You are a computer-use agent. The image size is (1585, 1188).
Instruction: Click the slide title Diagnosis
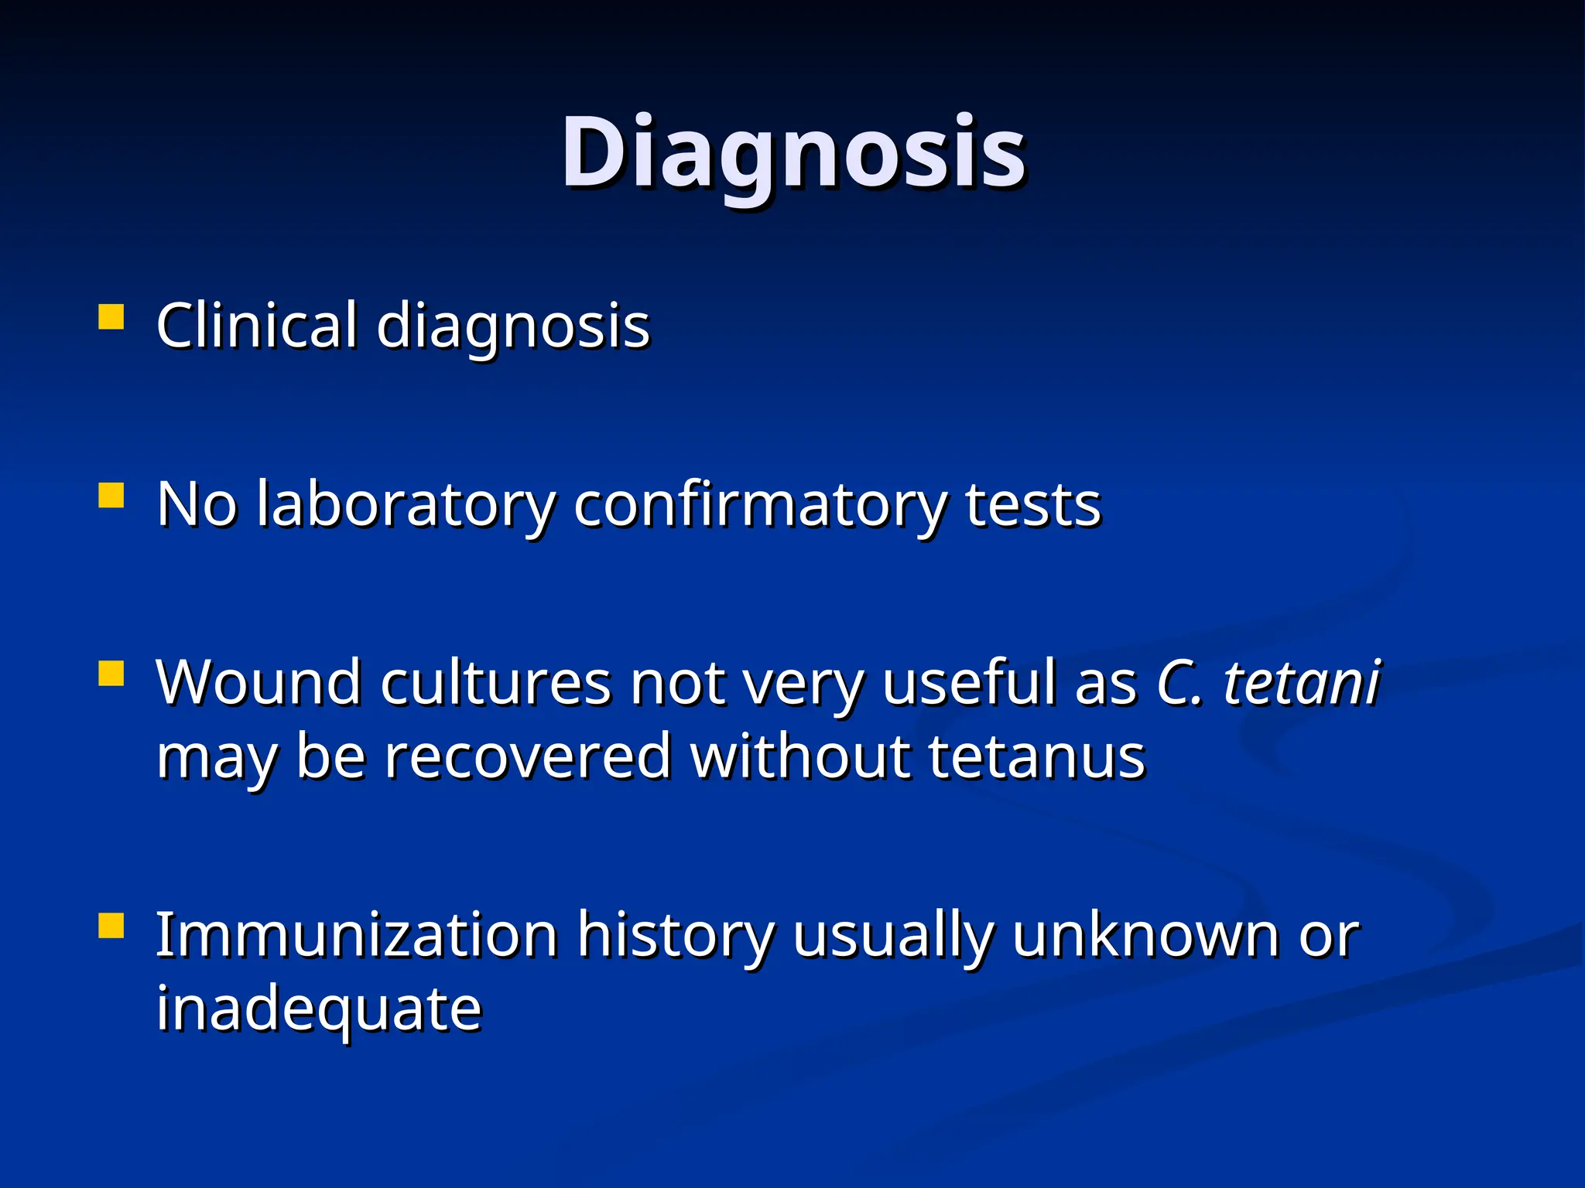point(793,152)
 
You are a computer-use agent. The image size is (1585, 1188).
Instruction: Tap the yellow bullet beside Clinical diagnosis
point(111,317)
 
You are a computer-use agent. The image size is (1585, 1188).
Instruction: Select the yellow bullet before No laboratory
point(111,495)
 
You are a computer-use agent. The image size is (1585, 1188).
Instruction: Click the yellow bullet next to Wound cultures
point(111,673)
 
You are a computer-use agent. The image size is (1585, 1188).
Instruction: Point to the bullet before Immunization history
point(111,925)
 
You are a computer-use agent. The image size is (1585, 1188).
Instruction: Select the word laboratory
point(406,505)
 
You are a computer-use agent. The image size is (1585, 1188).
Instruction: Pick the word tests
point(1032,505)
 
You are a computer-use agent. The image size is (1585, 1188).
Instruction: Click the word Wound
point(258,682)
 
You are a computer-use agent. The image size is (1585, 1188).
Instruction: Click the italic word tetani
point(1301,682)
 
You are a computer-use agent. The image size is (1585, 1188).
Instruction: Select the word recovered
point(528,756)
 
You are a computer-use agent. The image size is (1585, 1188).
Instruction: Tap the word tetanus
point(1036,756)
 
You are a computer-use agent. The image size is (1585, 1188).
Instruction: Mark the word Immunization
point(357,935)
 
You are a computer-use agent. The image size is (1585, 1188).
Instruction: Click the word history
point(676,935)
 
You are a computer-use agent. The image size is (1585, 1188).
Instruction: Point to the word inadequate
point(319,1009)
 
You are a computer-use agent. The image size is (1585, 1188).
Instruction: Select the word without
point(799,756)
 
